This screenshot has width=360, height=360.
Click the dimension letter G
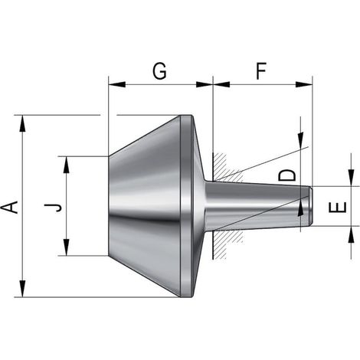click(x=159, y=70)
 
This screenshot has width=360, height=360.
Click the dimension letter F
click(x=261, y=70)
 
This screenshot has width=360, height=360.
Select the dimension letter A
click(x=10, y=207)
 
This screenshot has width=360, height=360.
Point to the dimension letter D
click(x=287, y=175)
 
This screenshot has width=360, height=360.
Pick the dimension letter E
click(x=338, y=208)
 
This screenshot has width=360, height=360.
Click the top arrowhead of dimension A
click(x=23, y=123)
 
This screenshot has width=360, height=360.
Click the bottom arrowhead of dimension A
click(x=23, y=289)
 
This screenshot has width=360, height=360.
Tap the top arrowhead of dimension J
click(x=67, y=165)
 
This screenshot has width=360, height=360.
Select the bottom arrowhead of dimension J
click(x=67, y=247)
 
